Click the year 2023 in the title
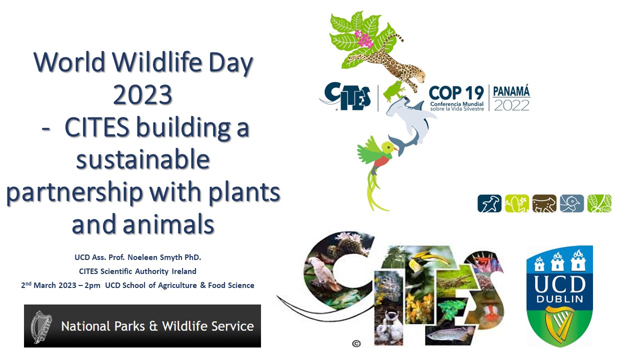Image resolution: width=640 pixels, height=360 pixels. (142, 94)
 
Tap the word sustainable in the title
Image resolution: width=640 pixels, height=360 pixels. (143, 159)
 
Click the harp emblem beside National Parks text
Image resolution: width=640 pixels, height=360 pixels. (41, 326)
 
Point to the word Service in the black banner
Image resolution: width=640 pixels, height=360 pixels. (233, 326)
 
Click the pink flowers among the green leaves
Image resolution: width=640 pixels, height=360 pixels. (363, 39)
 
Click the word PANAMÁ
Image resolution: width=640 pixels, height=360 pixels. (511, 91)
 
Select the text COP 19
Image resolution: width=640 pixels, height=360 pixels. (456, 93)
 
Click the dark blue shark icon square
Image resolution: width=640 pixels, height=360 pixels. (489, 203)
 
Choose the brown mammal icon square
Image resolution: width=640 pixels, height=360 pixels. (544, 203)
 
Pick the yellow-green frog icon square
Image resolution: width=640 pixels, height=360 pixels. (517, 203)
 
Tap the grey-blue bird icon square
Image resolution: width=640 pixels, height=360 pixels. (571, 203)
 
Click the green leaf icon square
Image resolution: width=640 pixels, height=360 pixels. (599, 203)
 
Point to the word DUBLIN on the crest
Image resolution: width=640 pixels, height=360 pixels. (559, 299)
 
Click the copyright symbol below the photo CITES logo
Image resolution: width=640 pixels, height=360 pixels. (356, 343)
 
